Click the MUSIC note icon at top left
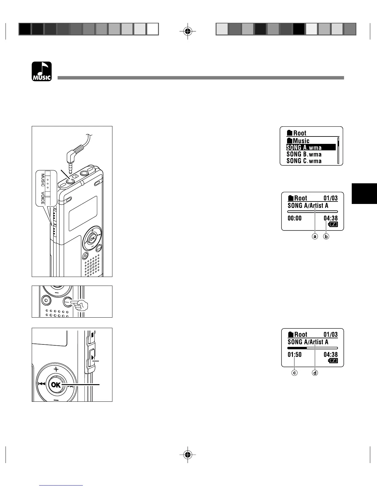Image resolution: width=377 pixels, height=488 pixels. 42,71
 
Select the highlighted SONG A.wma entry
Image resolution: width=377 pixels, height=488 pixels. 304,148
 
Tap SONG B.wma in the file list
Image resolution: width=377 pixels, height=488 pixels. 304,154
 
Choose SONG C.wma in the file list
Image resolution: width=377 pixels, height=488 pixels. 304,161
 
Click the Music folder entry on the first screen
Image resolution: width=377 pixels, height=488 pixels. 298,141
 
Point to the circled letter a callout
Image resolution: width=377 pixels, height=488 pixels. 315,236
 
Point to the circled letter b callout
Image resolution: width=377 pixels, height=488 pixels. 326,236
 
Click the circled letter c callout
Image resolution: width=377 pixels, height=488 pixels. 295,373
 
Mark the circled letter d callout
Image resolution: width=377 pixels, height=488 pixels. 315,373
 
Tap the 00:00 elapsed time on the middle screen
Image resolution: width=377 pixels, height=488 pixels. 294,218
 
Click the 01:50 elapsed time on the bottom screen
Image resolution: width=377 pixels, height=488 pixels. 294,355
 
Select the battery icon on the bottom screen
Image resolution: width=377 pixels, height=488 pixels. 333,361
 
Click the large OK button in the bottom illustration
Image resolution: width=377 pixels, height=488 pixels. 56,385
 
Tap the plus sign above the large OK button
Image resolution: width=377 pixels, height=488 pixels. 56,369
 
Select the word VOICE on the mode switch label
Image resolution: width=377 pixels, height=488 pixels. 43,198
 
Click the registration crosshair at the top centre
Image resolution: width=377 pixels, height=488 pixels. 188,31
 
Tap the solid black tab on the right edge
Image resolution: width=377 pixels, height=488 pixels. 364,193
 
